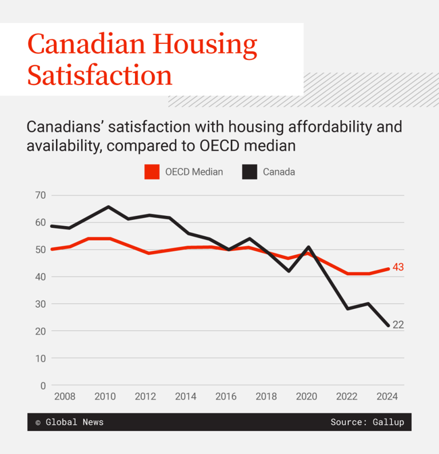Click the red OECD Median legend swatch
click(x=152, y=172)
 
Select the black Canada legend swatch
click(x=249, y=172)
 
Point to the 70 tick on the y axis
click(x=40, y=195)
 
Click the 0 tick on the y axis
click(x=43, y=385)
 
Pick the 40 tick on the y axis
click(x=40, y=277)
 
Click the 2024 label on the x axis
click(x=387, y=397)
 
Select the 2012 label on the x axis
click(x=145, y=397)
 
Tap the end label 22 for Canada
click(x=398, y=325)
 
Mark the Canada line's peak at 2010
click(x=109, y=207)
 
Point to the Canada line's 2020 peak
click(x=309, y=247)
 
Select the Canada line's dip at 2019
click(x=289, y=271)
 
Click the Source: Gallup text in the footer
click(x=367, y=423)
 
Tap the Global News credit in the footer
click(x=74, y=423)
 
